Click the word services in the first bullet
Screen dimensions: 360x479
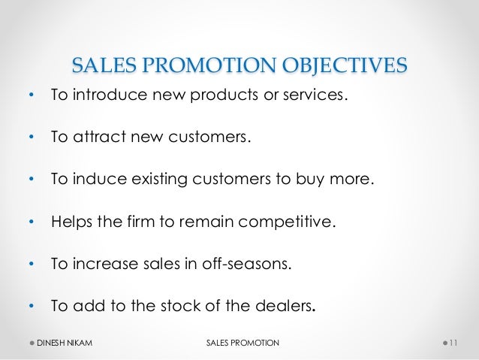point(319,96)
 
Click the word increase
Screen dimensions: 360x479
point(105,265)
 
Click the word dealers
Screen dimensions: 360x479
point(281,307)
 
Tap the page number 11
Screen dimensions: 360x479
point(453,343)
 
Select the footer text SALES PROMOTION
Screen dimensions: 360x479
point(241,343)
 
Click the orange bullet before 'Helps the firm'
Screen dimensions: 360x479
point(30,223)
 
